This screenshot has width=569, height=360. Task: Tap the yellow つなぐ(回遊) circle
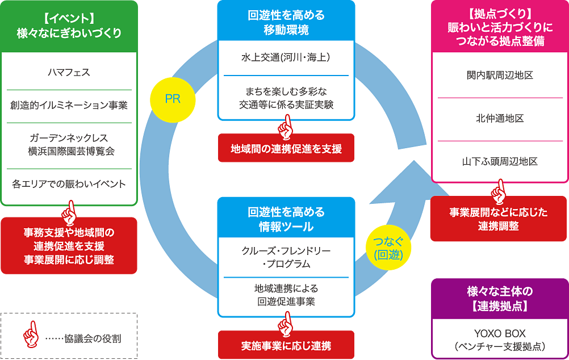tap(388, 248)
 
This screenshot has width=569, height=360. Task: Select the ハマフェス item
tap(69, 73)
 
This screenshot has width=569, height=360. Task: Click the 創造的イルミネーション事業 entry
tap(69, 106)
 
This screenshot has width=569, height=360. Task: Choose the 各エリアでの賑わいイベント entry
tap(69, 185)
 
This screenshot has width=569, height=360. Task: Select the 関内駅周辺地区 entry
tap(500, 76)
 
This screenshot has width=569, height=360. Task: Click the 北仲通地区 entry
tap(500, 119)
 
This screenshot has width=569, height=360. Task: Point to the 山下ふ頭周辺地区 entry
tap(500, 162)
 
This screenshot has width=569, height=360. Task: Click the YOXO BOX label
tap(500, 333)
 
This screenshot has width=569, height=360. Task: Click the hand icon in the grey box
tap(28, 335)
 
